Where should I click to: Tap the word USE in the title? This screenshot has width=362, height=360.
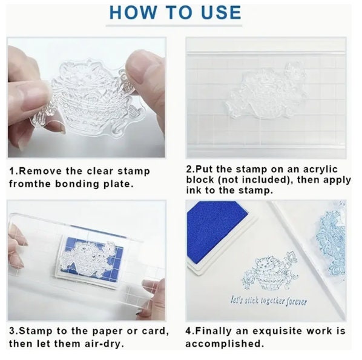[x=221, y=12]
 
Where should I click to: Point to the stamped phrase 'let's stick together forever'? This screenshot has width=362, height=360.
[x=269, y=301]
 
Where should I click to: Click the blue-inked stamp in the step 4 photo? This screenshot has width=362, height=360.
[x=331, y=241]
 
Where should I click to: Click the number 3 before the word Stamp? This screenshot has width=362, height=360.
[x=12, y=331]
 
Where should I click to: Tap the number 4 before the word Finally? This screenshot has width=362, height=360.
[x=189, y=331]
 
